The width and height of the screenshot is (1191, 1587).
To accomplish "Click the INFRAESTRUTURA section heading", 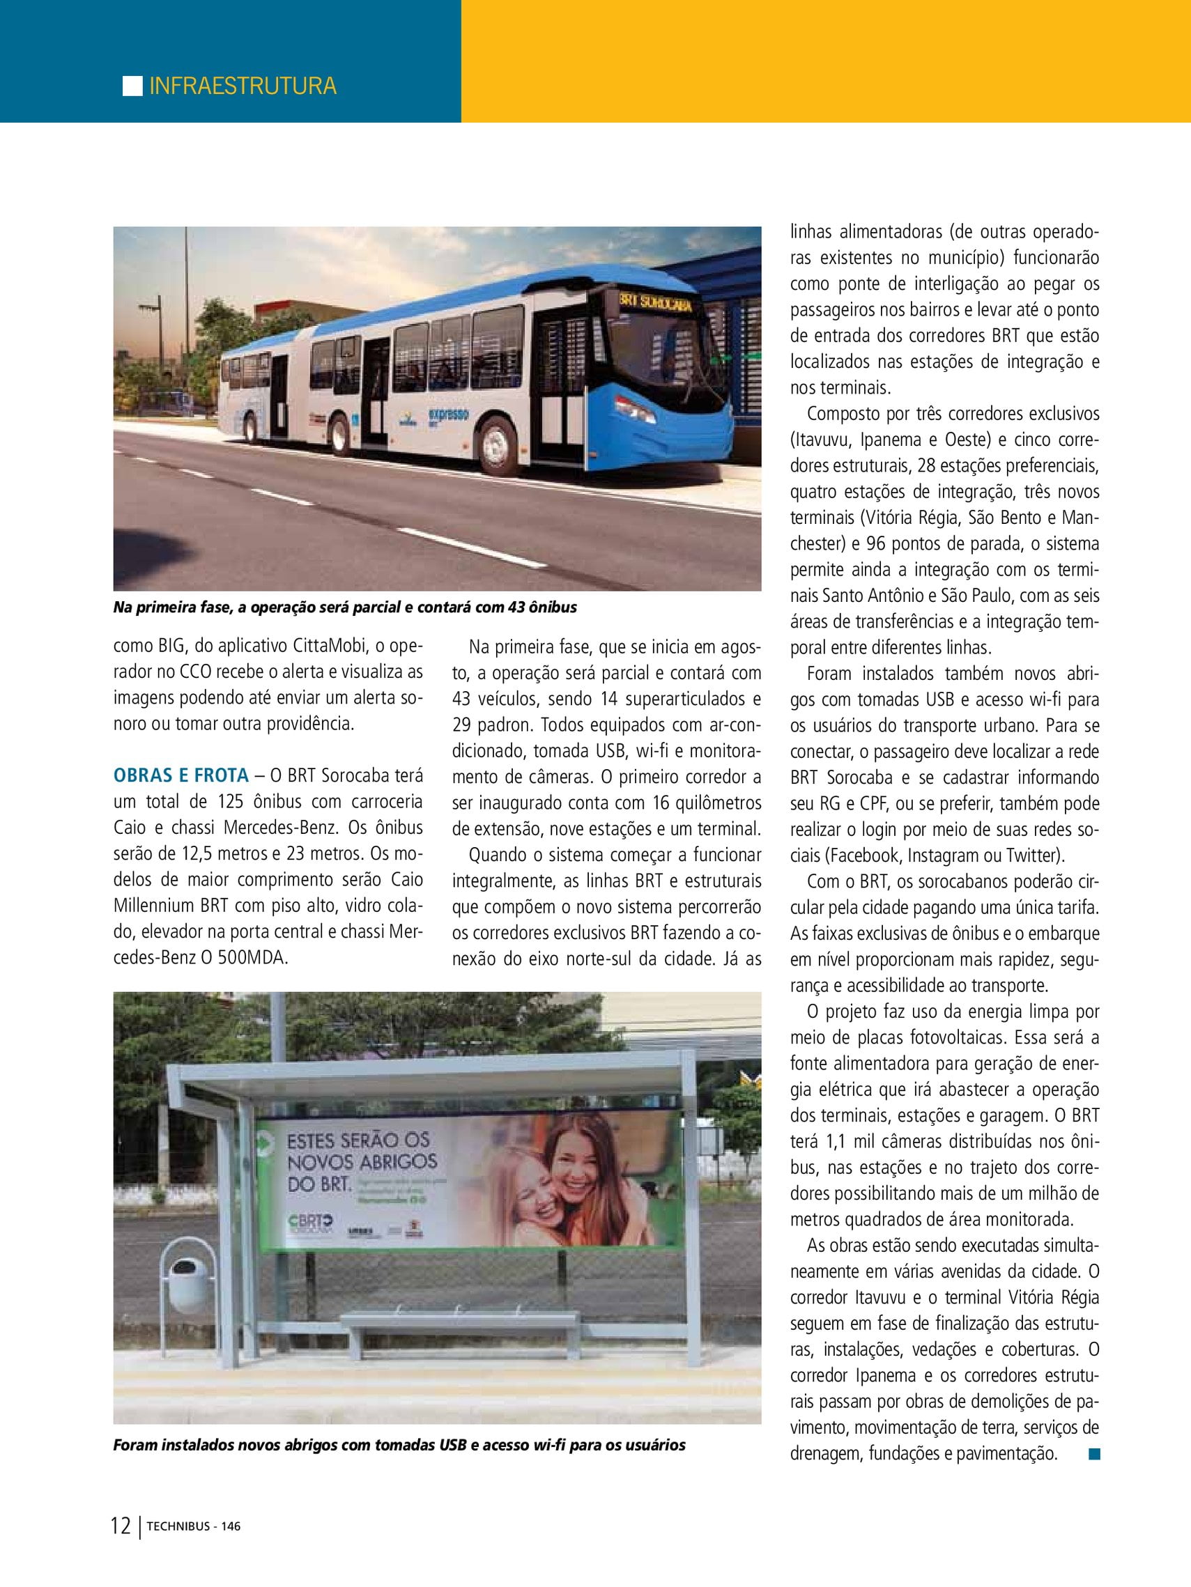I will coord(243,86).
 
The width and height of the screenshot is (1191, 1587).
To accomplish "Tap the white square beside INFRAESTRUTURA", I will coord(133,86).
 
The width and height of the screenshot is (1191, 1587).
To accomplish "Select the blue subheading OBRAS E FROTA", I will coord(181,775).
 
